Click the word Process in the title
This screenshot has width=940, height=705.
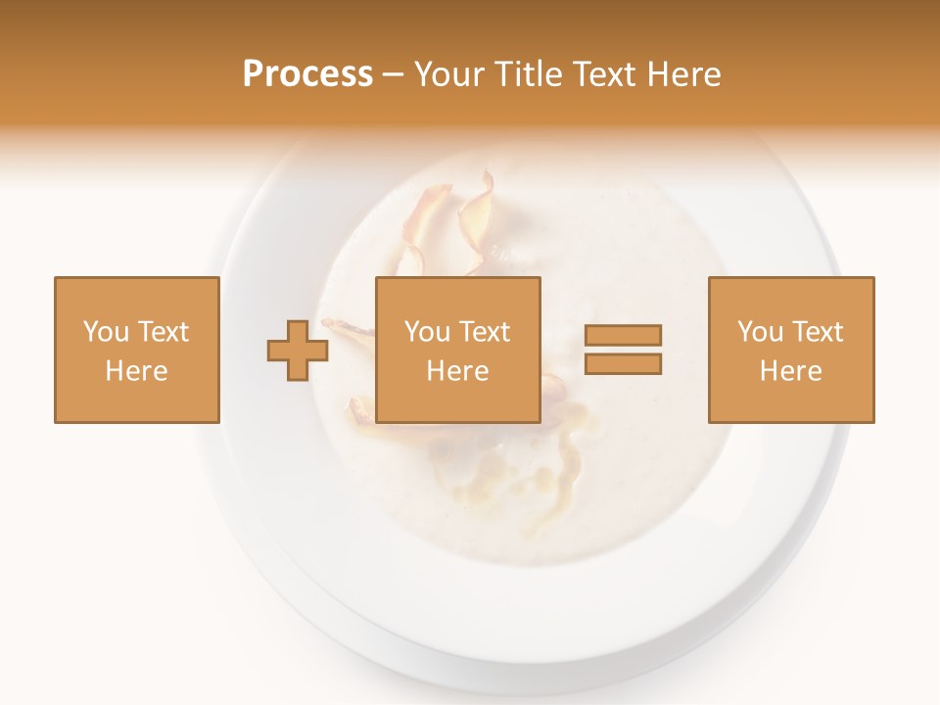pyautogui.click(x=307, y=74)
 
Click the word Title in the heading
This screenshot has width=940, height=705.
pyautogui.click(x=528, y=74)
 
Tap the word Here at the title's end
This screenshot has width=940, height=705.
pyautogui.click(x=683, y=74)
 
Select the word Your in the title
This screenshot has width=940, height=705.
pyautogui.click(x=450, y=74)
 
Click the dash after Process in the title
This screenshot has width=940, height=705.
pyautogui.click(x=394, y=75)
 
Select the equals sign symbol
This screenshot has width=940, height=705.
pyautogui.click(x=623, y=350)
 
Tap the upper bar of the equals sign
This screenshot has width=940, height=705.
pyautogui.click(x=623, y=336)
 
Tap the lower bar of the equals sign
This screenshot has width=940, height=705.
pyautogui.click(x=623, y=364)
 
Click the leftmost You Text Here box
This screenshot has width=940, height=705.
pyautogui.click(x=137, y=350)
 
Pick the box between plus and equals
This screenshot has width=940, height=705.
pyautogui.click(x=458, y=350)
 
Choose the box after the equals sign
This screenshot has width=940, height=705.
pyautogui.click(x=791, y=350)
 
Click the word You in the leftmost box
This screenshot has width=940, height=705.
pyautogui.click(x=106, y=332)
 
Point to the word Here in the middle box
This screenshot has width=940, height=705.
pyautogui.click(x=458, y=371)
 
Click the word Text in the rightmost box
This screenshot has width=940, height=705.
pyautogui.click(x=818, y=332)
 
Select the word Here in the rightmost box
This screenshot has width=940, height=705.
pyautogui.click(x=791, y=371)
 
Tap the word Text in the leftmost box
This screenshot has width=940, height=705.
pyautogui.click(x=163, y=332)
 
